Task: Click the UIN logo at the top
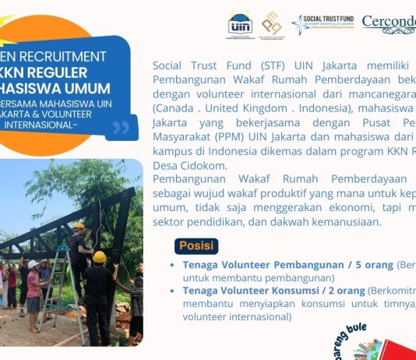point(241,23)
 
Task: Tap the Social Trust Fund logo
point(323,23)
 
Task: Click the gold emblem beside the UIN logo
point(272,23)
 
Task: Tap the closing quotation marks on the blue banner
point(120,127)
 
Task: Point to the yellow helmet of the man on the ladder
point(79,226)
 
